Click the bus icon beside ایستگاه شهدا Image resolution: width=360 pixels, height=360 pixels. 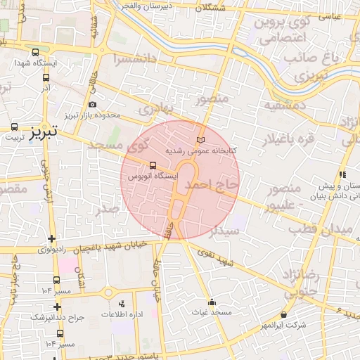tap(36, 51)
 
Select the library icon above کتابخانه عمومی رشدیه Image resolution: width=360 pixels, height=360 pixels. tap(202, 139)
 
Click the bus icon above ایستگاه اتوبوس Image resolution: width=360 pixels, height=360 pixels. tap(153, 166)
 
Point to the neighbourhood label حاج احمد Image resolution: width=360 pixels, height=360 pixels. tap(212, 184)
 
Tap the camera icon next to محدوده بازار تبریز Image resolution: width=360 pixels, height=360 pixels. tap(93, 105)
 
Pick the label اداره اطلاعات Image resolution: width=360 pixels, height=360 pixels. tap(122, 314)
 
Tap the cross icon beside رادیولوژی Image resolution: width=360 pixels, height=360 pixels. tap(51, 238)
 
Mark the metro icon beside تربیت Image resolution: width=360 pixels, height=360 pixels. tap(15, 127)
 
